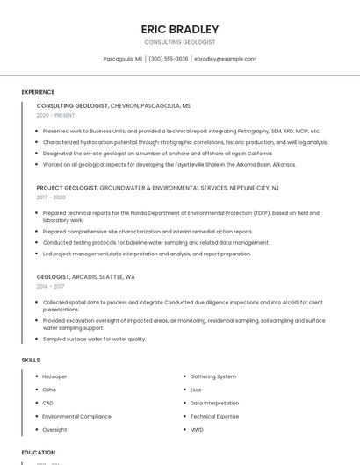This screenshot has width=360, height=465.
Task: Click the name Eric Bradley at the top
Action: click(180, 29)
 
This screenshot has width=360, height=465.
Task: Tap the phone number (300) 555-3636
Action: click(168, 59)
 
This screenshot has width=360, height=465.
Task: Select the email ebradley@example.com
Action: click(225, 59)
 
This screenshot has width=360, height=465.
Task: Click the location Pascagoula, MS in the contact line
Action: click(123, 59)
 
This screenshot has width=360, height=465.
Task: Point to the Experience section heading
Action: click(38, 92)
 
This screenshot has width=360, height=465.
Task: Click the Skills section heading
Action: click(30, 360)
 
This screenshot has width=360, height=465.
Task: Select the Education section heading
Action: click(39, 453)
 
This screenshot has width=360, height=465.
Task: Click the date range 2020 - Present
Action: click(55, 115)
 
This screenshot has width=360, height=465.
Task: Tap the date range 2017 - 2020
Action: click(51, 197)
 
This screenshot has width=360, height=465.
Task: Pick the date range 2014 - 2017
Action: click(50, 286)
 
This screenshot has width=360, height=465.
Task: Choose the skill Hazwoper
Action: click(54, 376)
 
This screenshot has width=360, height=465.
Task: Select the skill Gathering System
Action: click(213, 376)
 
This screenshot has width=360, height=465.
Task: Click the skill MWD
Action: click(197, 430)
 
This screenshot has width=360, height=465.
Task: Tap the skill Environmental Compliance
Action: click(76, 417)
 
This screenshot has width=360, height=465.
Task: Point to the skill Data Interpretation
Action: click(214, 404)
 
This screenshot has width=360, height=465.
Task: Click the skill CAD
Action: click(47, 404)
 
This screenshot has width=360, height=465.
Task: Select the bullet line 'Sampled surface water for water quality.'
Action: click(94, 339)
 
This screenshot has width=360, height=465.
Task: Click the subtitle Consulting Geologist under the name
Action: click(180, 42)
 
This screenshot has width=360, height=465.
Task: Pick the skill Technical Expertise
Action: click(214, 417)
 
